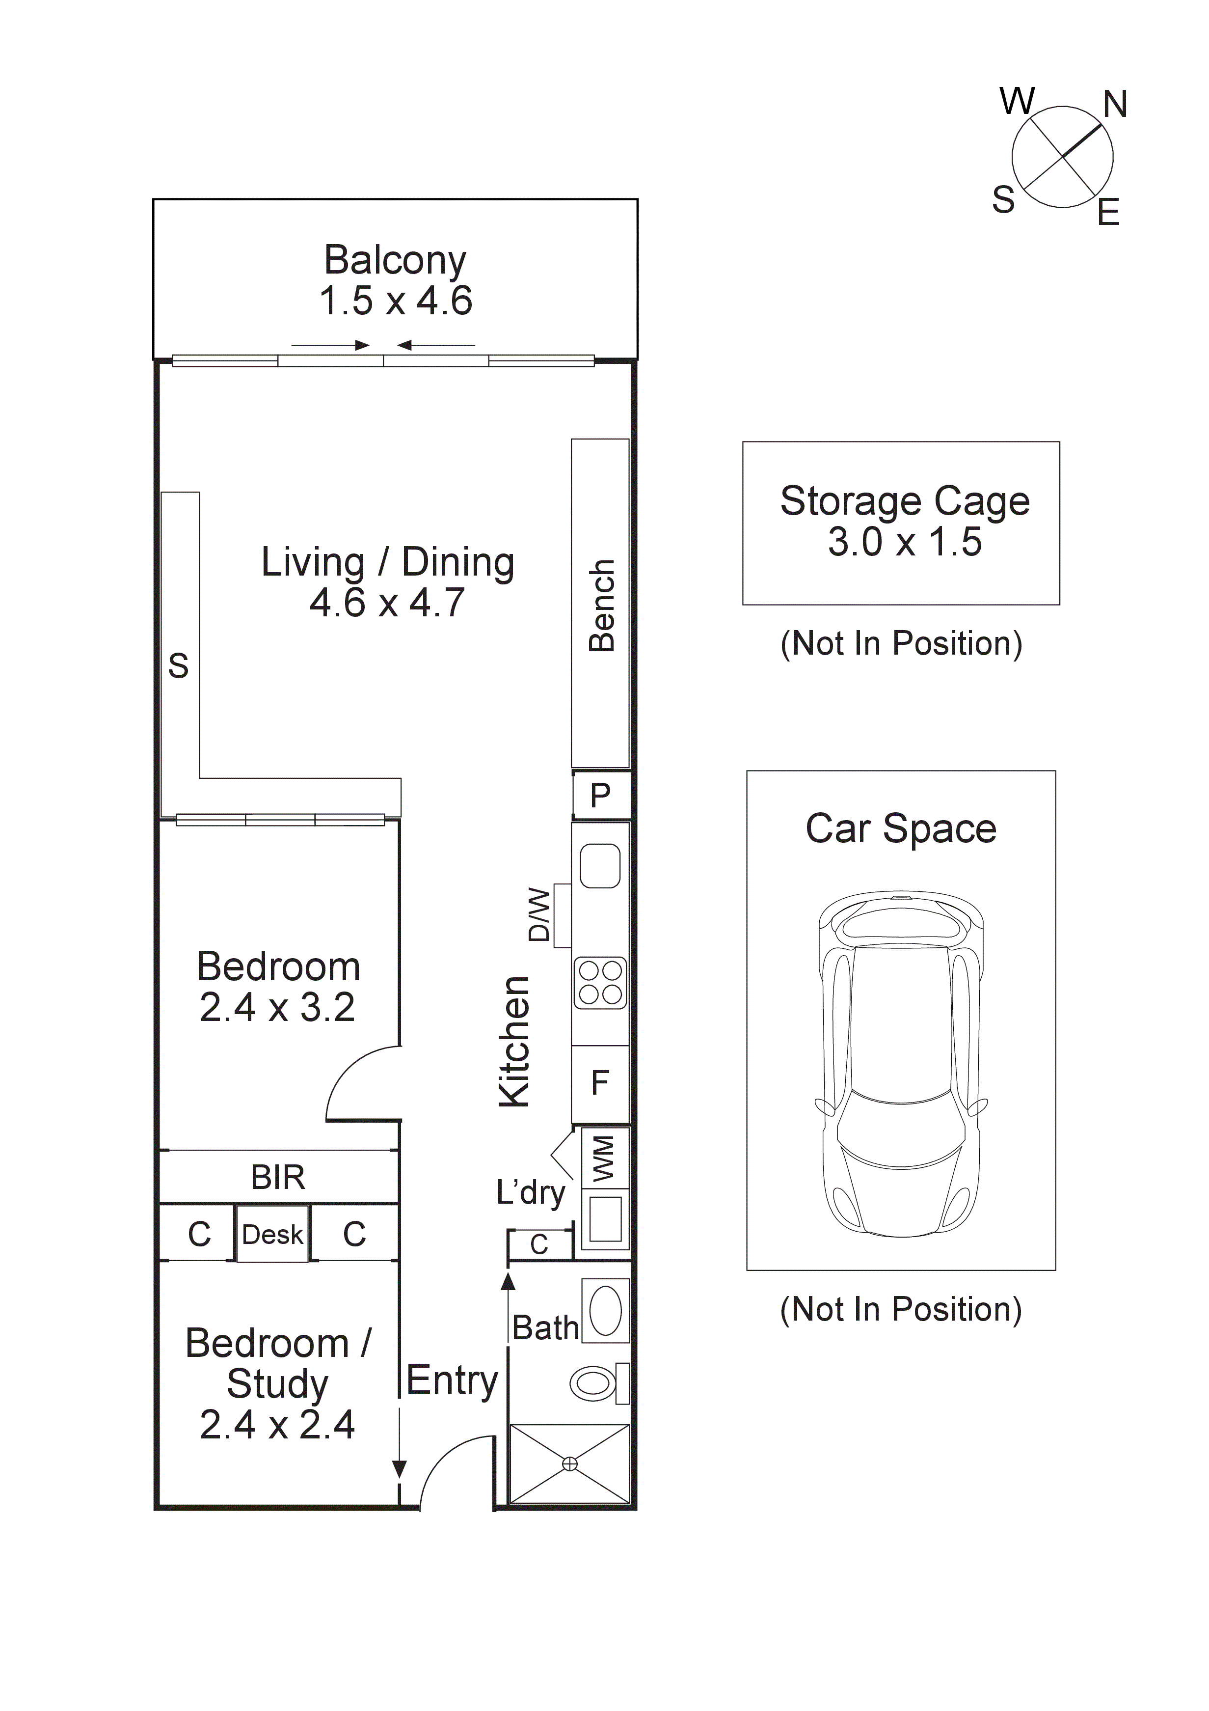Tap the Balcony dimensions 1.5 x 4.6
[x=396, y=301]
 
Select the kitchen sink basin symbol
[x=600, y=866]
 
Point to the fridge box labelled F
[x=600, y=1083]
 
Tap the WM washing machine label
[x=603, y=1159]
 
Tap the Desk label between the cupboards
[x=272, y=1235]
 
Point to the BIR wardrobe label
[x=278, y=1178]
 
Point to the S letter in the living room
[x=178, y=665]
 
